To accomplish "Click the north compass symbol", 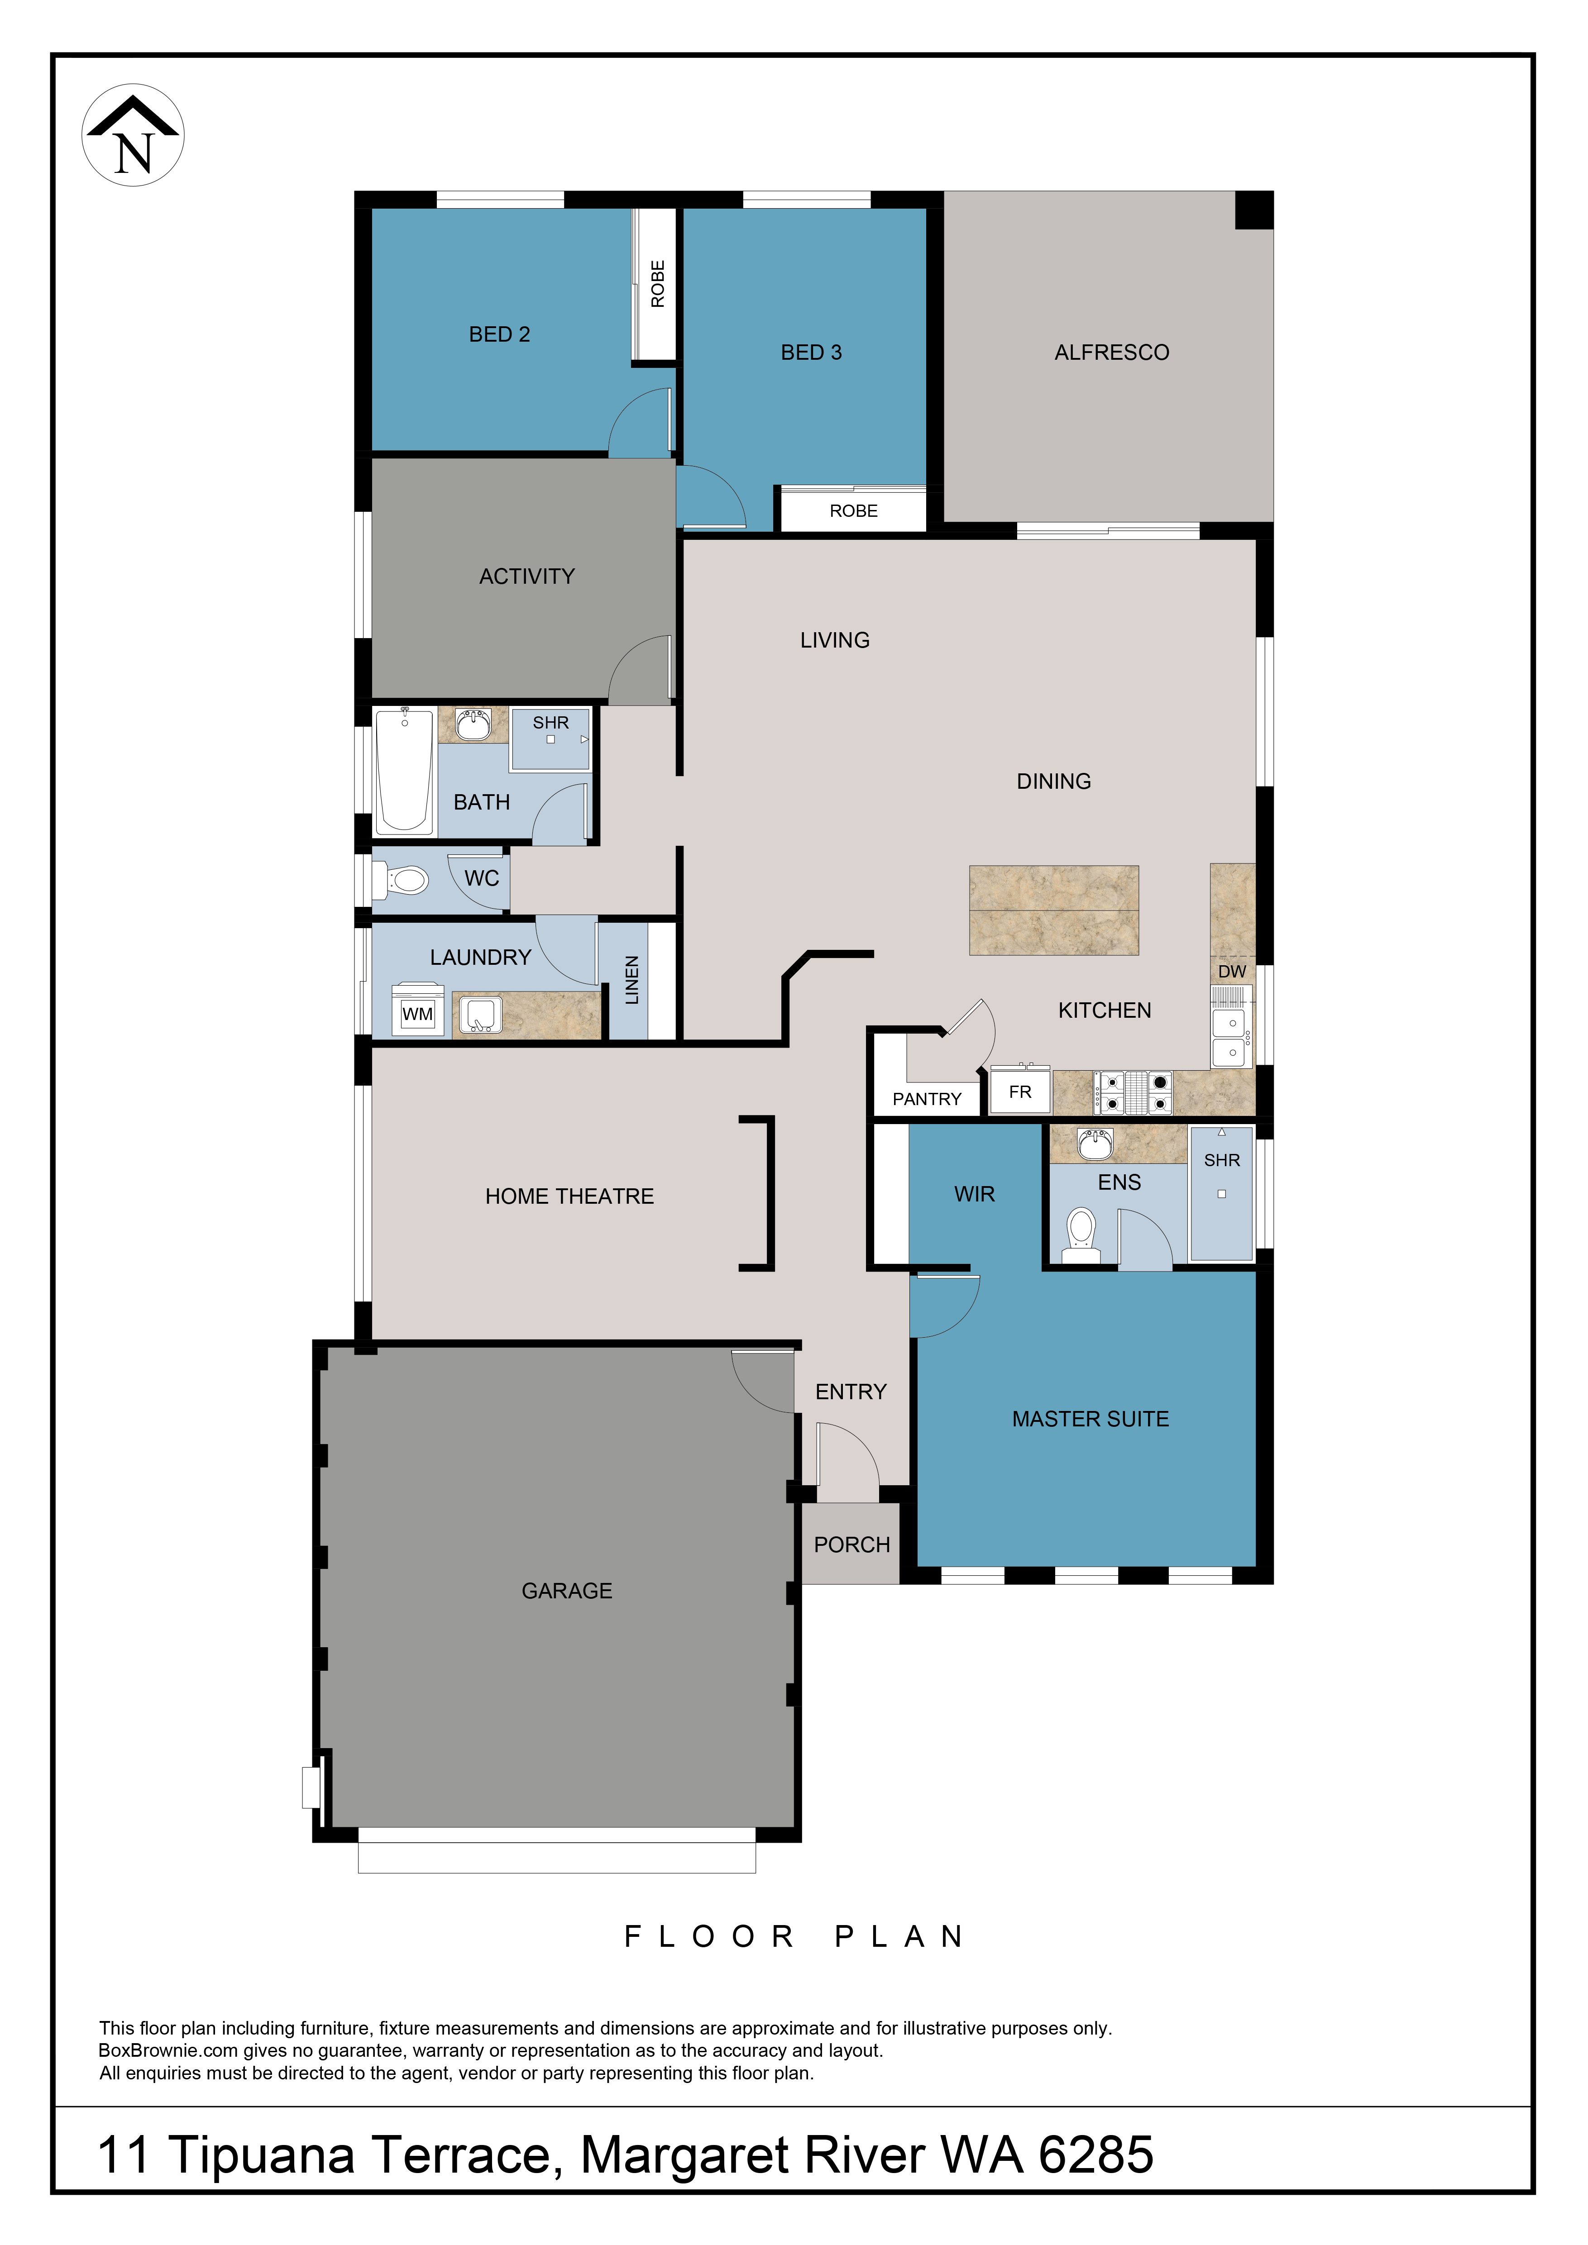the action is coord(133,135).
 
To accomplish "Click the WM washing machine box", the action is coord(417,1010).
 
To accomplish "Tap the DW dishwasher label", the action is coord(1232,971).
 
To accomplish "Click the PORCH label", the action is coord(851,1545).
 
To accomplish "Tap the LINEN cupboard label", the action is coord(631,980).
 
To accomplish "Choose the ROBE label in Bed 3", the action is coord(854,510).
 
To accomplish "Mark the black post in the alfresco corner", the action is coord(1254,210).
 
